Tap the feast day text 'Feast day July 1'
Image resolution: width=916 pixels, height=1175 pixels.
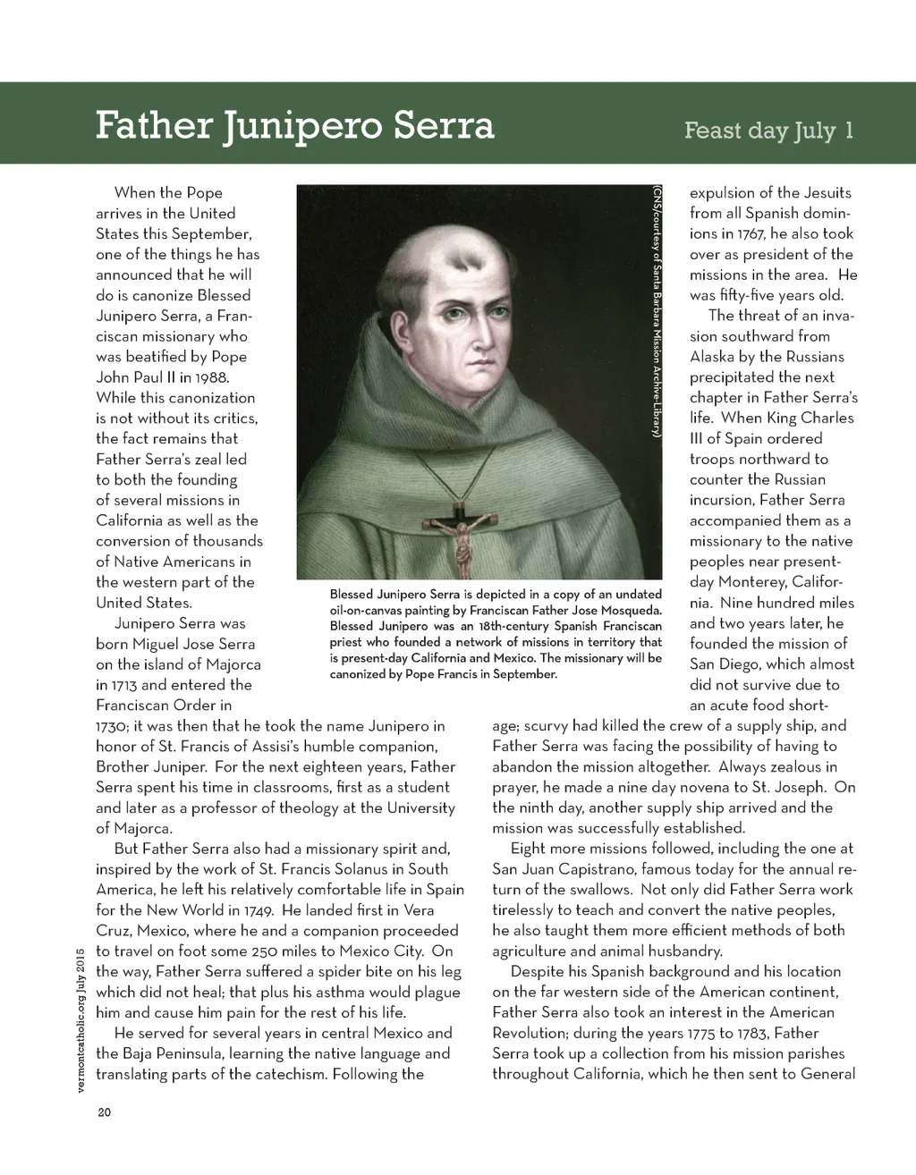coord(768,131)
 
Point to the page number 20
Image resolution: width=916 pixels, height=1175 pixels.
coord(103,1113)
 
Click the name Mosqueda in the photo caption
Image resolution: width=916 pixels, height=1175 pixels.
coord(629,611)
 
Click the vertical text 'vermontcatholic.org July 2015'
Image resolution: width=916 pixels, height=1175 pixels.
coord(79,1019)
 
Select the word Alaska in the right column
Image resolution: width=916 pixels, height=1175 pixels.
coord(712,357)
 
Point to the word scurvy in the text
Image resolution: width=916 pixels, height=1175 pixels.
coord(547,725)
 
